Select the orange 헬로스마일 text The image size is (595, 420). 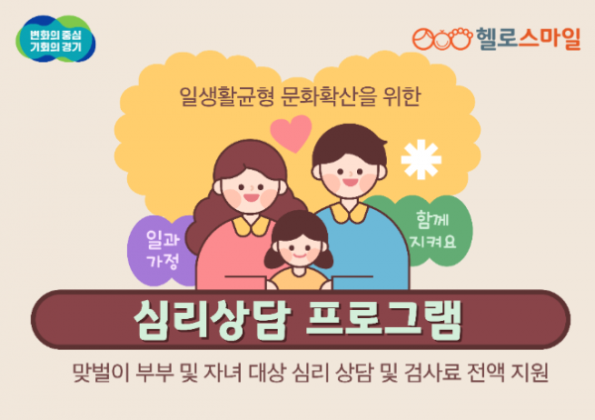(520, 39)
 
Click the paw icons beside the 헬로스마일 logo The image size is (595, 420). (438, 40)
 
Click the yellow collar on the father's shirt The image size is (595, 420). (346, 211)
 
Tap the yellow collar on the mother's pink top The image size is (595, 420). (247, 224)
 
